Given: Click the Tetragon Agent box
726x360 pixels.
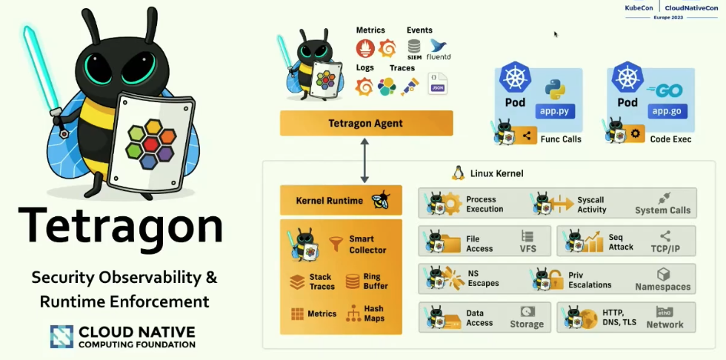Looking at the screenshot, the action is (366, 123).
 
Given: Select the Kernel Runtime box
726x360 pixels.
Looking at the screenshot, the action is (341, 200).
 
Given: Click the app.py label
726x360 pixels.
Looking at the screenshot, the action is (555, 111).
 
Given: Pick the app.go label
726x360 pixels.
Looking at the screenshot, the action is (666, 111).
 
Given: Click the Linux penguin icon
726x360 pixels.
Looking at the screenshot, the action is (459, 173).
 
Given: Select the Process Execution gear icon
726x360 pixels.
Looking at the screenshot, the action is (452, 203).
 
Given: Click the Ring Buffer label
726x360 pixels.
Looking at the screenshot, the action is (376, 281).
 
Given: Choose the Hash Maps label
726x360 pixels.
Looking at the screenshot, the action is (373, 313).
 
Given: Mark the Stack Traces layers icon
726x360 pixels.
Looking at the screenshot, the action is (298, 281).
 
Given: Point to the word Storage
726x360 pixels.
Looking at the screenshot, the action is (527, 324).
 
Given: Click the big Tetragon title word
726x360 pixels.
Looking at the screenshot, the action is (120, 226).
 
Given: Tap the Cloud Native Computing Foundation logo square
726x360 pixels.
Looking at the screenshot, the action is (61, 336).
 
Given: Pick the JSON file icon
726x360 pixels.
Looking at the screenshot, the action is (438, 84).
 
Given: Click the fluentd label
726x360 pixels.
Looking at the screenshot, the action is (439, 56).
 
